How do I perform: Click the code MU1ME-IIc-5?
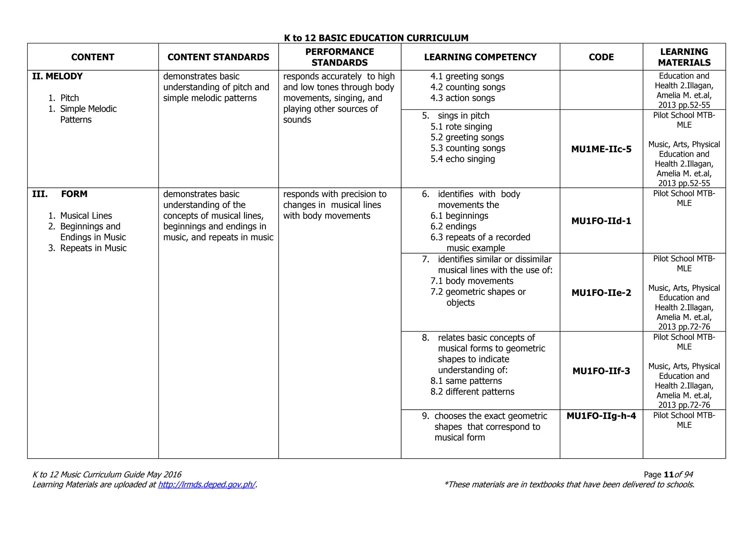[x=601, y=149]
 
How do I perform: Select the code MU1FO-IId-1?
[x=601, y=221]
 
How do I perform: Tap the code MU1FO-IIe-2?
[x=601, y=293]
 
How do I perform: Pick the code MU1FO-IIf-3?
[x=601, y=371]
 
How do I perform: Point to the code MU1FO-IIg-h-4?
[x=601, y=416]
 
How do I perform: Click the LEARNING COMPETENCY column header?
[x=480, y=57]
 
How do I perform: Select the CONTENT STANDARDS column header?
[x=218, y=57]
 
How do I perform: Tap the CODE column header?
[x=601, y=57]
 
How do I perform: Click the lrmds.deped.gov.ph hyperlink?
[x=207, y=484]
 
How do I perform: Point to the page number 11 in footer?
[x=669, y=474]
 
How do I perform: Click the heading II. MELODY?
[x=57, y=76]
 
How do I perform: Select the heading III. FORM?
[x=60, y=194]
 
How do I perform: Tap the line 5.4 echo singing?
[x=463, y=159]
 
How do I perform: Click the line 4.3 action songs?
[x=463, y=98]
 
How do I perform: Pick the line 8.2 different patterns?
[x=472, y=392]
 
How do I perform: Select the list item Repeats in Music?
[x=93, y=248]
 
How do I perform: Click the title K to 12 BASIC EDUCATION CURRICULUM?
[x=376, y=38]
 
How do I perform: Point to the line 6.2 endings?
[x=453, y=226]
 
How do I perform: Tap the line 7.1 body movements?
[x=472, y=281]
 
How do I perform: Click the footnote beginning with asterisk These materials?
[x=569, y=484]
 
